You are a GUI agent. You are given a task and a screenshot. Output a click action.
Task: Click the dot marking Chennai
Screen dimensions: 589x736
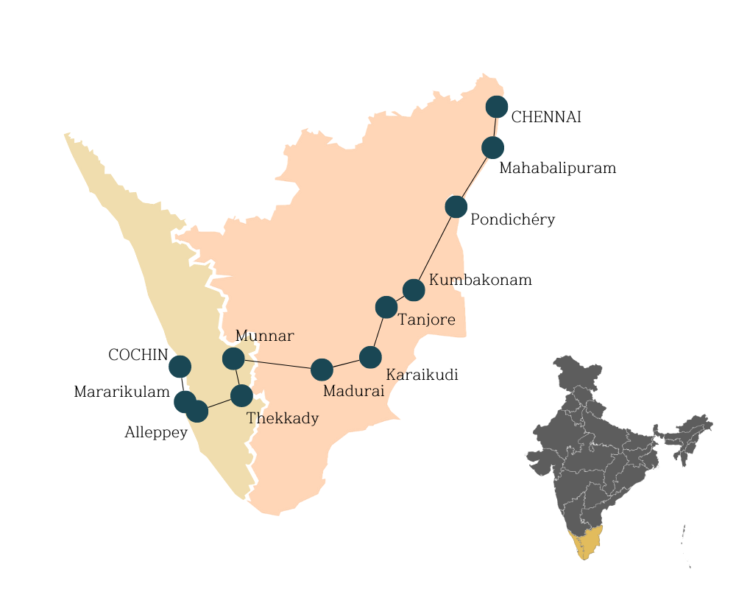pos(497,107)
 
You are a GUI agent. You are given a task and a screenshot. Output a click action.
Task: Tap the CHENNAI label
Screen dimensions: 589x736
pos(546,117)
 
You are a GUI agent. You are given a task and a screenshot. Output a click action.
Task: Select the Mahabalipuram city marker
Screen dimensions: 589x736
pos(492,147)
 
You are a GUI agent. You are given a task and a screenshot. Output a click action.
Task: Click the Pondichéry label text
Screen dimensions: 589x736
pos(512,219)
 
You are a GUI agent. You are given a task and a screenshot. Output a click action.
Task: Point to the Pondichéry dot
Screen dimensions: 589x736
pos(456,207)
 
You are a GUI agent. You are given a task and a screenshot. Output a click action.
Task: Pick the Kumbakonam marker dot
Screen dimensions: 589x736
pos(414,290)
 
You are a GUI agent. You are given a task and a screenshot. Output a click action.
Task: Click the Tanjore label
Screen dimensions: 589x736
pos(426,320)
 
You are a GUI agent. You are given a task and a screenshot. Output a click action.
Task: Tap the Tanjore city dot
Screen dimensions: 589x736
pos(386,306)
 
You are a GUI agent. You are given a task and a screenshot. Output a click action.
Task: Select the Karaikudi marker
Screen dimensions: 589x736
pos(370,357)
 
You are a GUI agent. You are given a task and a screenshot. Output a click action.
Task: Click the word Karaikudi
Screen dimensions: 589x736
pos(422,375)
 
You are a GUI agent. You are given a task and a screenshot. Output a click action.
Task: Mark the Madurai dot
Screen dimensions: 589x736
pos(322,370)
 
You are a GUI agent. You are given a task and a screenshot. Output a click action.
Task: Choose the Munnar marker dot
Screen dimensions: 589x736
pos(233,359)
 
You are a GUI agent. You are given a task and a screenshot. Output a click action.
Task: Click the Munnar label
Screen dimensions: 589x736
pos(264,336)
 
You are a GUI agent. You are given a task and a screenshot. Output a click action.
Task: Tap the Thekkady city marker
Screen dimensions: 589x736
pos(241,395)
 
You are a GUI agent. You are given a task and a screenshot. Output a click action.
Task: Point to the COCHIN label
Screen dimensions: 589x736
pos(138,355)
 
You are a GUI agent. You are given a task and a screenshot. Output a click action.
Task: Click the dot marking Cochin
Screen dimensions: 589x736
pos(180,366)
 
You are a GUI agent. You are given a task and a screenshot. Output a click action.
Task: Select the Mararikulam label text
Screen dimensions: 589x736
pos(122,392)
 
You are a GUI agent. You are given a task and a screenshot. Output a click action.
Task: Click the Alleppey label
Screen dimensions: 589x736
pos(156,432)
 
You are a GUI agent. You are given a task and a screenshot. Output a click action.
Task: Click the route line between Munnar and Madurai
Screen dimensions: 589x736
pos(277,364)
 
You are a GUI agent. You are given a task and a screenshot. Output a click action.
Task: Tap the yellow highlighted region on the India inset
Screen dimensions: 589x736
pos(585,542)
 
